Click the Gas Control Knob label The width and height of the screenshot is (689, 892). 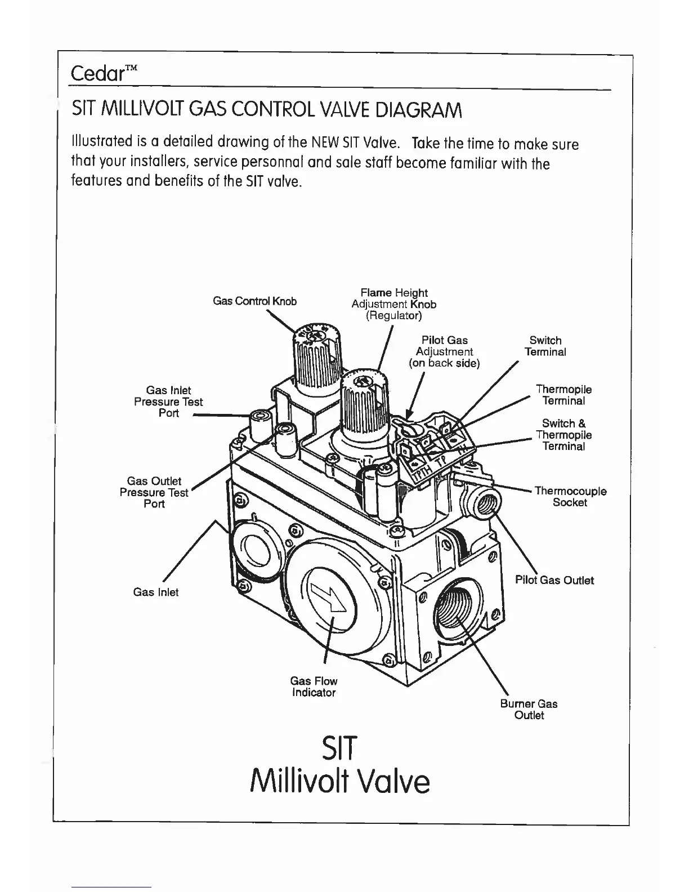(254, 301)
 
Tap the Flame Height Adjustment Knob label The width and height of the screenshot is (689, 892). (393, 304)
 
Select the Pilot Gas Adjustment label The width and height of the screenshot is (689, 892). (444, 351)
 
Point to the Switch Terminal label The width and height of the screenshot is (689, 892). (545, 346)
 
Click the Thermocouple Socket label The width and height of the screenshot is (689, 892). (570, 497)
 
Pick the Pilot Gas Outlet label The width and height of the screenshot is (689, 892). (554, 580)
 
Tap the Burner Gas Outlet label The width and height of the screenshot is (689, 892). (529, 710)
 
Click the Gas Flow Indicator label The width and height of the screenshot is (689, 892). (314, 687)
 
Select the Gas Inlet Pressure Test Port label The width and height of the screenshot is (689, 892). (168, 402)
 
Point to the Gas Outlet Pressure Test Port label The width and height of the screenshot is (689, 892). (154, 492)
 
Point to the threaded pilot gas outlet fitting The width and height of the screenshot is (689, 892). (482, 503)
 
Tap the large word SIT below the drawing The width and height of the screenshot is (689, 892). (339, 748)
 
